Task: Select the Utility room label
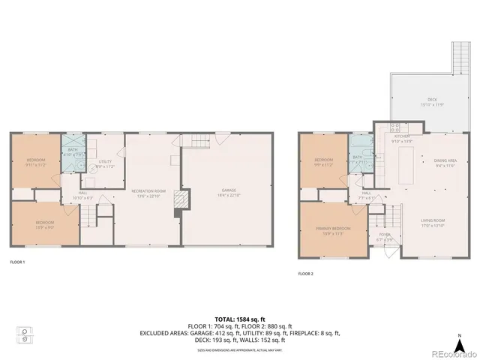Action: click(x=105, y=163)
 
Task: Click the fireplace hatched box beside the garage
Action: click(x=178, y=199)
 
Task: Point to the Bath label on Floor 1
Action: click(x=73, y=151)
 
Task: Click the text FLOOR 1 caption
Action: click(x=17, y=262)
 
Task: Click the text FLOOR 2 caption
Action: click(x=305, y=274)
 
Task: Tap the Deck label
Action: click(x=432, y=100)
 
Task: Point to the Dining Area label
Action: click(x=445, y=161)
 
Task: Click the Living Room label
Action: click(x=433, y=223)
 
